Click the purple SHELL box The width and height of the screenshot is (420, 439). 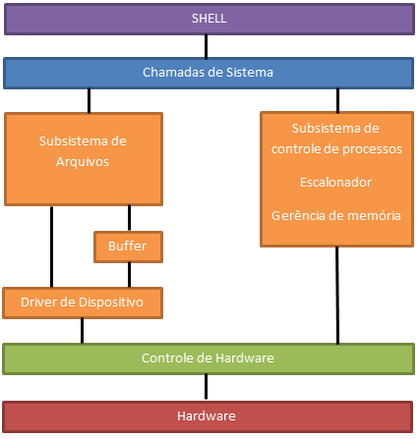point(209,19)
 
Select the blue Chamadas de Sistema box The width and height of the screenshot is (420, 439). point(209,73)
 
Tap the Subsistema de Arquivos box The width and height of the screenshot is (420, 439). point(83,158)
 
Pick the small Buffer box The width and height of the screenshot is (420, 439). point(128,247)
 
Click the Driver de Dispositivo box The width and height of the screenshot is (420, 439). point(82,302)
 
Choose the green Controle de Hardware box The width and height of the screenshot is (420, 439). point(208,357)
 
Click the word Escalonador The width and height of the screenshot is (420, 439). point(335,183)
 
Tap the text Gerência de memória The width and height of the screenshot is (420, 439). point(335,215)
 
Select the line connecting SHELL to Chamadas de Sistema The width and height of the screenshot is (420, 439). point(207,46)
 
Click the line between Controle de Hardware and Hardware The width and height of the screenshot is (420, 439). point(207,387)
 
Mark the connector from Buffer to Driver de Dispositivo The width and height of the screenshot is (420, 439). point(129,275)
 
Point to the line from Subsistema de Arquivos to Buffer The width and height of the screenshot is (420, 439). point(129,218)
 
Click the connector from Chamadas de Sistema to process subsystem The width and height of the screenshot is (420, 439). point(337,99)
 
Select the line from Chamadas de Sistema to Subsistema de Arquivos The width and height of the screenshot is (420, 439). point(90,99)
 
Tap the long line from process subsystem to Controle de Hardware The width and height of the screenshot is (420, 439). point(337,295)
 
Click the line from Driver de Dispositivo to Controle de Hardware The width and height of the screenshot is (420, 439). point(82,331)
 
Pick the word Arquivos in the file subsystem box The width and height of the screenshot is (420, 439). point(83,162)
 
